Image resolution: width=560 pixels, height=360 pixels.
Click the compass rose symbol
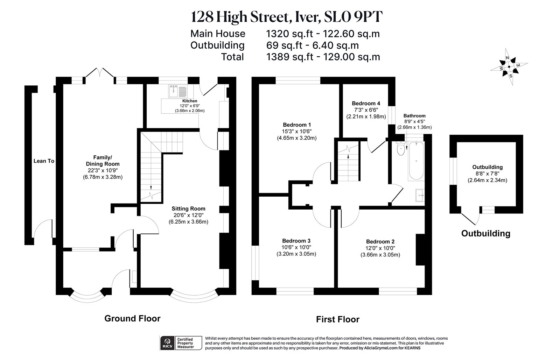pyautogui.click(x=509, y=70)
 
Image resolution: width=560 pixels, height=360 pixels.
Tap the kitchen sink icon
pyautogui.click(x=178, y=91)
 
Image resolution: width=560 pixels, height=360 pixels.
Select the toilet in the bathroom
pyautogui.click(x=400, y=149)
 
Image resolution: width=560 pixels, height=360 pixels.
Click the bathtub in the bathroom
pyautogui.click(x=416, y=161)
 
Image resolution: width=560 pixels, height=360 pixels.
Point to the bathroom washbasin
pyautogui.click(x=419, y=195)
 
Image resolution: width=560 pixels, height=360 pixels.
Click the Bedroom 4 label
pyautogui.click(x=366, y=104)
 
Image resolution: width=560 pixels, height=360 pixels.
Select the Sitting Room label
pyautogui.click(x=188, y=209)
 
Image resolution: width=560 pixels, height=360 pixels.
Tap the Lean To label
pyautogui.click(x=44, y=161)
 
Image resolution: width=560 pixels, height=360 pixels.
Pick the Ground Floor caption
pyautogui.click(x=132, y=318)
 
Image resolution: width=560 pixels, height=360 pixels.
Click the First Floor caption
pyautogui.click(x=337, y=319)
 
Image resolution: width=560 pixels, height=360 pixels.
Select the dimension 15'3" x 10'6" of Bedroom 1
pyautogui.click(x=297, y=131)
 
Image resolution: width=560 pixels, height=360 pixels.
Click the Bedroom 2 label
pyautogui.click(x=380, y=242)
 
